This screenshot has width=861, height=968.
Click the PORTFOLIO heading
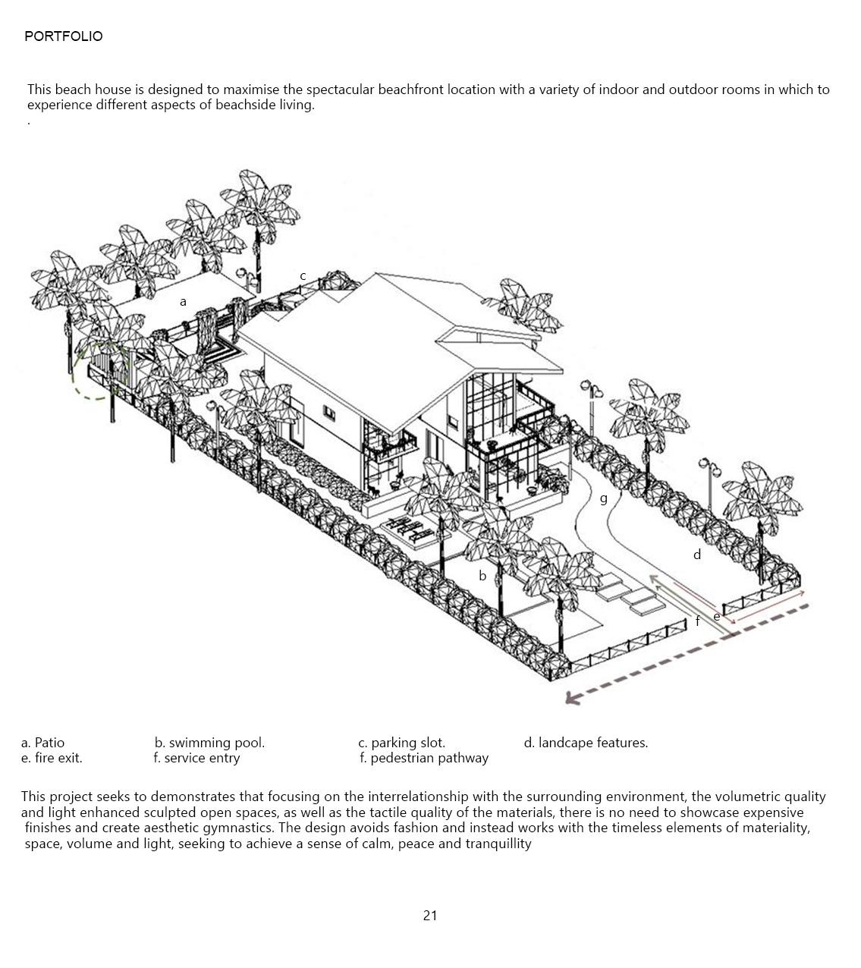[x=63, y=36]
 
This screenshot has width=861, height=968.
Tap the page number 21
[x=430, y=916]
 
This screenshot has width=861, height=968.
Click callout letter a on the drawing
[x=183, y=302]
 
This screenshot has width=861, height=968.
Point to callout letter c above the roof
[x=303, y=276]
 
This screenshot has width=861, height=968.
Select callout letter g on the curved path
[x=604, y=498]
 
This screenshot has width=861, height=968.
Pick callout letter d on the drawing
[x=697, y=555]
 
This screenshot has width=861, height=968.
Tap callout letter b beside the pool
[x=482, y=576]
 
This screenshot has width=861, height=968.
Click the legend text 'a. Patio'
[x=43, y=743]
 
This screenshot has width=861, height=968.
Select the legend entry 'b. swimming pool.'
[x=209, y=743]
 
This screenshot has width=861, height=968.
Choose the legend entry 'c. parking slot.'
[x=401, y=743]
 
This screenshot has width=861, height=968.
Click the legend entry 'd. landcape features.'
[x=586, y=743]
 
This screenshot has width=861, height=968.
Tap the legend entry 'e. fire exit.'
[x=52, y=758]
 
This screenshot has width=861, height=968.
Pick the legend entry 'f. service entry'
[x=196, y=758]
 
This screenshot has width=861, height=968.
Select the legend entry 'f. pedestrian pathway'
[x=424, y=758]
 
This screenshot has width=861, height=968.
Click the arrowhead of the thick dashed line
[x=571, y=698]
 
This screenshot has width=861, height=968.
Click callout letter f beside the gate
[x=698, y=621]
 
